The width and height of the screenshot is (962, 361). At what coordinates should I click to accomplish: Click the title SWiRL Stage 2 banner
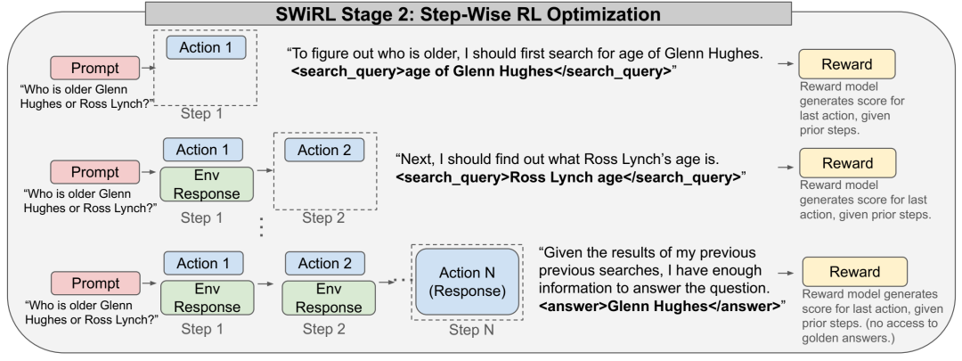(x=469, y=12)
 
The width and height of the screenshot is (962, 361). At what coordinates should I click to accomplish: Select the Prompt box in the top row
(x=95, y=68)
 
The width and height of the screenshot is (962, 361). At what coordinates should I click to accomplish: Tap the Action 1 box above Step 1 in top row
(x=206, y=47)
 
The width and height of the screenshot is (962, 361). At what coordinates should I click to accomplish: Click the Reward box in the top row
(x=847, y=64)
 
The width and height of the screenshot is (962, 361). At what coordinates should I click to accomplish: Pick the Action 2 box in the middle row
(x=324, y=150)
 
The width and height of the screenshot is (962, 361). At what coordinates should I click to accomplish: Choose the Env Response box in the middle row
(x=207, y=185)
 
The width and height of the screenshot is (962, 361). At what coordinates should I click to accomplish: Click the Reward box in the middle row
(x=847, y=163)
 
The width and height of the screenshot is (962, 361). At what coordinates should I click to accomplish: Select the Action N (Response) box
(x=467, y=282)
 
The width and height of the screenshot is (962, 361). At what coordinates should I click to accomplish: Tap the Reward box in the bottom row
(x=854, y=272)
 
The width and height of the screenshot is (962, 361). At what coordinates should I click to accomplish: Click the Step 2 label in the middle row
(x=324, y=218)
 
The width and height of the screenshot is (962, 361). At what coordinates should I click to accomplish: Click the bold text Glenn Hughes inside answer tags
(x=659, y=306)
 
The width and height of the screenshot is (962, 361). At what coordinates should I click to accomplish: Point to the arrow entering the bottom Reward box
(x=787, y=272)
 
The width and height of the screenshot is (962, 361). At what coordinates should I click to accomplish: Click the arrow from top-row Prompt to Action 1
(x=149, y=68)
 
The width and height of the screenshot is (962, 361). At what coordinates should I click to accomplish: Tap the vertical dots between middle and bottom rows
(x=261, y=226)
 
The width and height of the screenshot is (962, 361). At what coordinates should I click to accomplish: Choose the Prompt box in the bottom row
(x=95, y=283)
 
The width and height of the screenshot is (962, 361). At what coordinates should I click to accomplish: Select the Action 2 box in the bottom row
(x=324, y=263)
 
